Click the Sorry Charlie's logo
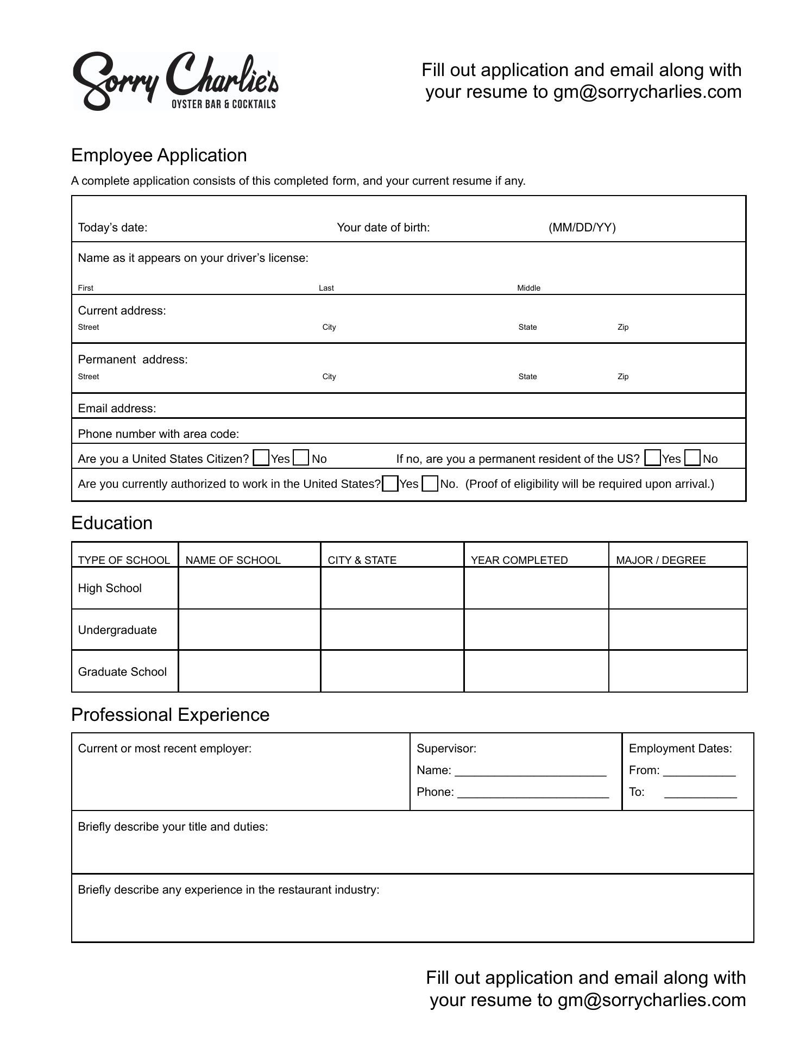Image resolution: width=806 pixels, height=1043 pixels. tap(175, 81)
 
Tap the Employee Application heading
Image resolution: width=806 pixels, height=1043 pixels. tap(159, 155)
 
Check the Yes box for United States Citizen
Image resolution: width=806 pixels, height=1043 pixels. tap(261, 458)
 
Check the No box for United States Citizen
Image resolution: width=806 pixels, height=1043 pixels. tap(301, 458)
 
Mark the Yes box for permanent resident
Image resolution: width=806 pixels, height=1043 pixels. tap(652, 458)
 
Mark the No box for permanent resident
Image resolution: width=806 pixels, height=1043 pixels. tap(692, 458)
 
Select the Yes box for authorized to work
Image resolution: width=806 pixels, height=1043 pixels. tap(390, 483)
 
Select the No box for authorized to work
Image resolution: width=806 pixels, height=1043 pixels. tap(430, 483)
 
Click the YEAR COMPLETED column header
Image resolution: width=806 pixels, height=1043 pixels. tap(519, 560)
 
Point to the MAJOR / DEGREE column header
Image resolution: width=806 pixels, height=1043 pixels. tap(660, 560)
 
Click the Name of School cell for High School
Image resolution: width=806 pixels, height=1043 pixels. tap(249, 588)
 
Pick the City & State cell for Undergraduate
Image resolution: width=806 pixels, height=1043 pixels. tap(392, 630)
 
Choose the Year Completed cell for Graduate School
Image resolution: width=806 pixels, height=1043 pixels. tap(536, 671)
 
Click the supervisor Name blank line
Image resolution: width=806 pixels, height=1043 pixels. tap(530, 771)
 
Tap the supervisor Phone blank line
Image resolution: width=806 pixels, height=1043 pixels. tap(533, 793)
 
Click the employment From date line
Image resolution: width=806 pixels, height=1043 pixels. tap(699, 771)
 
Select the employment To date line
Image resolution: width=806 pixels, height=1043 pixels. tap(700, 793)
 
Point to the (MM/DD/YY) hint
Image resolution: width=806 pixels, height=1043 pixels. tap(582, 228)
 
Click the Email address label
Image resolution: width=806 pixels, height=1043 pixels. tap(117, 409)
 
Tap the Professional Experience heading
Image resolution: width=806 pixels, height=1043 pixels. tap(170, 715)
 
